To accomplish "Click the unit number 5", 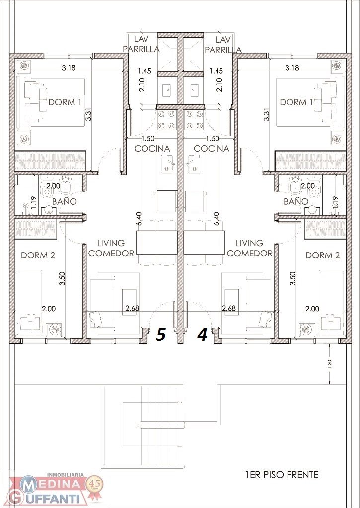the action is click(x=161, y=335).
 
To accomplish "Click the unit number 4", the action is click(x=203, y=335).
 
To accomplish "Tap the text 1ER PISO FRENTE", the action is click(x=282, y=475).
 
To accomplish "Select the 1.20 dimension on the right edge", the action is click(x=330, y=364).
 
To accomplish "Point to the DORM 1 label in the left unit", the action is click(x=65, y=102).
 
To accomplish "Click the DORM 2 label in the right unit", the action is click(x=323, y=255).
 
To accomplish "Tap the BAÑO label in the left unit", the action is click(x=65, y=201).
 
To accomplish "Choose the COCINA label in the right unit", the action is click(x=212, y=149).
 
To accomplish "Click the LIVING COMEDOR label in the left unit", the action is click(x=111, y=248).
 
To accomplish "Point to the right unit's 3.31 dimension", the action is click(x=267, y=114).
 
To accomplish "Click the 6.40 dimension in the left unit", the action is click(x=140, y=219).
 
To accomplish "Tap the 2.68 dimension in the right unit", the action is click(x=229, y=308).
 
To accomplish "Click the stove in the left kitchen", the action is click(x=167, y=120).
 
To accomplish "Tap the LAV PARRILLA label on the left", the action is click(x=142, y=44).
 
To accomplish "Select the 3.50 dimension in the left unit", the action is click(x=62, y=278).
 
